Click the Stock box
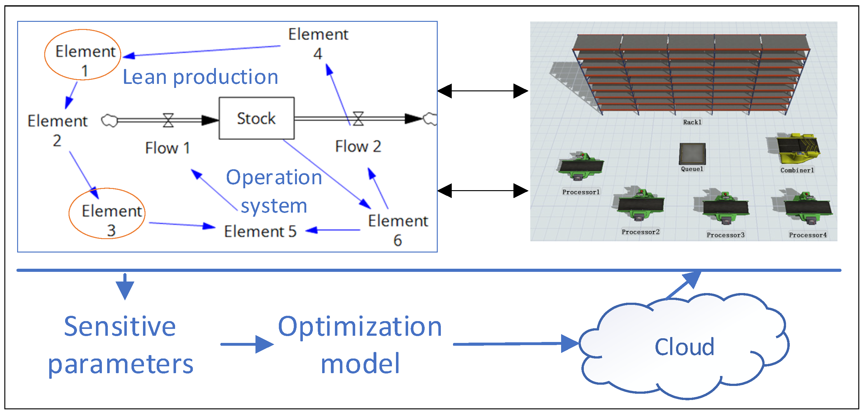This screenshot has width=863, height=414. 257,118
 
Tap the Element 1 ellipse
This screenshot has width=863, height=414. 83,30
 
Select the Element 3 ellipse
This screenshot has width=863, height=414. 107,189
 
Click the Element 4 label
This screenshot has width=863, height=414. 318,44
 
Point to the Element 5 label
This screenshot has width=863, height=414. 260,231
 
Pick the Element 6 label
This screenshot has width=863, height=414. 398,230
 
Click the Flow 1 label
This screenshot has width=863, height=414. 168,148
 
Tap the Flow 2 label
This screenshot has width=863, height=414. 358,147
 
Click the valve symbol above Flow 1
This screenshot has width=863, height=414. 168,120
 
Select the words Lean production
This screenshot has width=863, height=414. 200,77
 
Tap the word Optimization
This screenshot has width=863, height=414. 360,327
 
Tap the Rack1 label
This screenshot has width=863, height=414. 692,122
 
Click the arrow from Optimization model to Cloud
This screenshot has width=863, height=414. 516,344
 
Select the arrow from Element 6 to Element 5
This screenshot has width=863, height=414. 333,230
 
